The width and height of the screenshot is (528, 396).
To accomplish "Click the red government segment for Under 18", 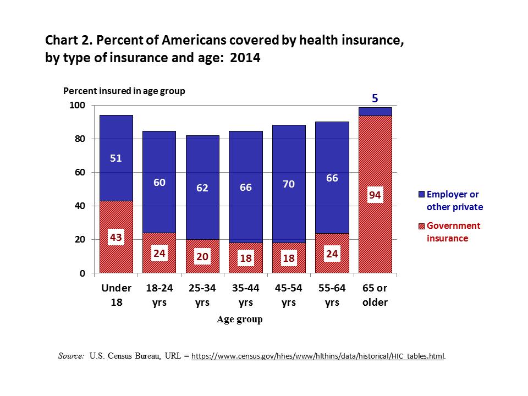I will coord(116,258).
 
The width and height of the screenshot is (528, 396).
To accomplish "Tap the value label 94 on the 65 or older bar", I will coord(375,195).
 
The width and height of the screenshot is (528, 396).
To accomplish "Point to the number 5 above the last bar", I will coord(375,98).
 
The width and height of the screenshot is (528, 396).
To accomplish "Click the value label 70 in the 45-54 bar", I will coord(289,184).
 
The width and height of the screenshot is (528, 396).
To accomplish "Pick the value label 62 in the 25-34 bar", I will coord(202,188).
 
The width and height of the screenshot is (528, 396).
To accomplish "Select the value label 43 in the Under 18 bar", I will coord(116,238).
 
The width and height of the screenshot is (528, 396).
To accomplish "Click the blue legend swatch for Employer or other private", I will coord(421,195).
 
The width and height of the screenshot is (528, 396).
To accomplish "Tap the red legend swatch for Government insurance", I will coord(421,226).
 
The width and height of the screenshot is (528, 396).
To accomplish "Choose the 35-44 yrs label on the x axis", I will coord(246,295).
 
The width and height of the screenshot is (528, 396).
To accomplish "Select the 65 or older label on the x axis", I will coord(375,295).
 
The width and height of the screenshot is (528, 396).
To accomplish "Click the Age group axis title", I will coord(239,320).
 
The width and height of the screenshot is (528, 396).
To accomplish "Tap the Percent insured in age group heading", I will coord(124,91).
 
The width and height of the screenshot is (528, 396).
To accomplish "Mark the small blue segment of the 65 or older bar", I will coord(375,112).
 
